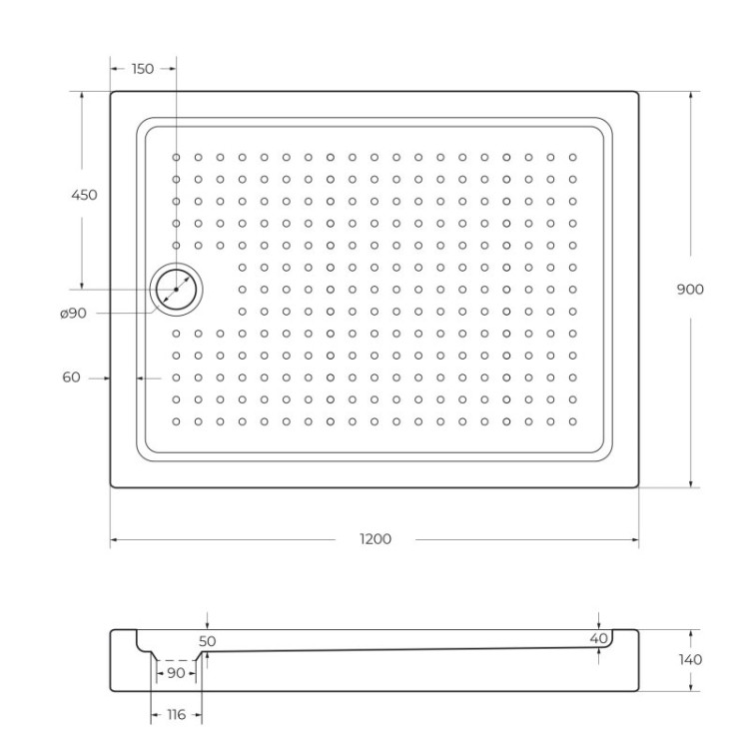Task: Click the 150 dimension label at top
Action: (143, 69)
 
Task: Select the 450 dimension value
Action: (84, 195)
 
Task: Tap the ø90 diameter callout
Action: (73, 314)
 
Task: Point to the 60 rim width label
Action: (71, 377)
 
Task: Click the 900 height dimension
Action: (690, 289)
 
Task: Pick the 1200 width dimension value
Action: (374, 539)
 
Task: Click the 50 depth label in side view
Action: (208, 640)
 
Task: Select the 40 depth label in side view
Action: (598, 638)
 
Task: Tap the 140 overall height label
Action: (689, 659)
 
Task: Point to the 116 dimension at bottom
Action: (176, 716)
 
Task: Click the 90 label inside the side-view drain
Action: (176, 674)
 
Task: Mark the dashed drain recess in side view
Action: (178, 660)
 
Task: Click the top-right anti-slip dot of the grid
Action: (573, 157)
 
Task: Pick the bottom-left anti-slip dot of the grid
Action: (176, 421)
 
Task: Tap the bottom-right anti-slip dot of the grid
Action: (573, 421)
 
